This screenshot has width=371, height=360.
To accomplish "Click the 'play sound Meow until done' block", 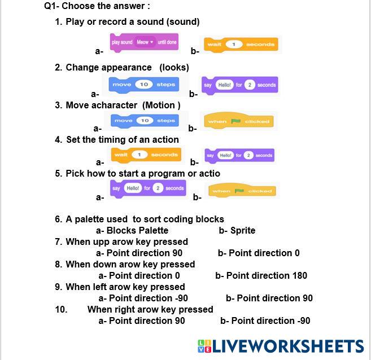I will tap(144, 43).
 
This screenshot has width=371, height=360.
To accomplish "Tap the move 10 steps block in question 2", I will tap(143, 85).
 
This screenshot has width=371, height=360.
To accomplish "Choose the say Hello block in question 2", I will tap(240, 85).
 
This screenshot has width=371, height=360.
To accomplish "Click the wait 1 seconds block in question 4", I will tap(146, 155).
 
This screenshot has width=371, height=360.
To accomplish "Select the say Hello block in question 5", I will tap(147, 188).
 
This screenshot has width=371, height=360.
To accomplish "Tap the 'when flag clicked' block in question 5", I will tap(242, 191).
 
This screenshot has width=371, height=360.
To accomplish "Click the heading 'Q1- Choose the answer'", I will tap(97, 7).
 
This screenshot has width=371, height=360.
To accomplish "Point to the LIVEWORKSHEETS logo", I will tap(281, 346).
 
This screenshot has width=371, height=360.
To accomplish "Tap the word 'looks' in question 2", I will tap(174, 67).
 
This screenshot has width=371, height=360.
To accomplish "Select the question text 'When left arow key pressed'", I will tap(125, 287).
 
